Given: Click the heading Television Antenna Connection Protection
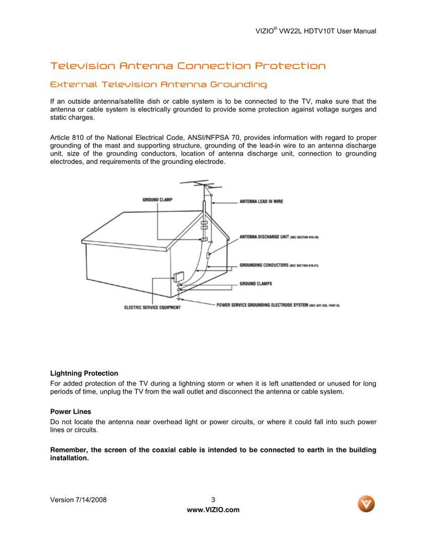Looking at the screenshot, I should [187, 66].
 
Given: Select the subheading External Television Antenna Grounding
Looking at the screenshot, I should [158, 85].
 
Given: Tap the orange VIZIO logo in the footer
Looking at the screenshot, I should [366, 503].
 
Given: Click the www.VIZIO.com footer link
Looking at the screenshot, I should [213, 510].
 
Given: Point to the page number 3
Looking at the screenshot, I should [213, 499].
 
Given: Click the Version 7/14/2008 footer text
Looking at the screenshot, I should [81, 499].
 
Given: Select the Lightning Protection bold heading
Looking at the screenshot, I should [84, 373].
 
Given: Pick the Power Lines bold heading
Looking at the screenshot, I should [70, 412].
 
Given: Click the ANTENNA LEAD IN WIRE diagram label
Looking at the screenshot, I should [261, 202].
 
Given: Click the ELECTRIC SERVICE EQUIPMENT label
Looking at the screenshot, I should [152, 307].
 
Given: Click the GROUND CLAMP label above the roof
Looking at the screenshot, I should [157, 200].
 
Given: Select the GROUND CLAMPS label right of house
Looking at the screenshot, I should [256, 284].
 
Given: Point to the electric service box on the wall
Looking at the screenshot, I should [178, 277].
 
